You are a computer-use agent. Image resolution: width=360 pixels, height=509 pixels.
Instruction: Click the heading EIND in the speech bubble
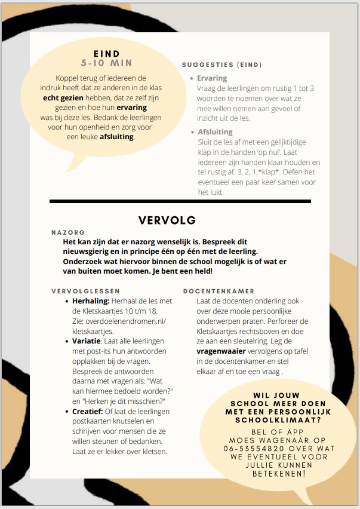pos(107,53)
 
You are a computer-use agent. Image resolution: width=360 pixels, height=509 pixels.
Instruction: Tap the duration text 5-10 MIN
pos(107,62)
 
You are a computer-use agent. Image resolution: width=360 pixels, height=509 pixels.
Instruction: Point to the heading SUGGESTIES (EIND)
pos(222,65)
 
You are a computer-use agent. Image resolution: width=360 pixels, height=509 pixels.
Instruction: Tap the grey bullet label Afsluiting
pos(215,131)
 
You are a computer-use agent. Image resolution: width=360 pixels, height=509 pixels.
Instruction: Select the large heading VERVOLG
pos(167,220)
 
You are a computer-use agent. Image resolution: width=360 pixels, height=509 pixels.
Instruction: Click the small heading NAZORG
pos(69,232)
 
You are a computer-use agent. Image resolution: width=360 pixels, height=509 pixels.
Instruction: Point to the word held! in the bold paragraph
pos(199,271)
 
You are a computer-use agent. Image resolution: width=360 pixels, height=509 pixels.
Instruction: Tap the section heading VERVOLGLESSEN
pos(85,292)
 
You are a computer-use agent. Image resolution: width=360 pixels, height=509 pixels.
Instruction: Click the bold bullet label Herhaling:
pos(91,302)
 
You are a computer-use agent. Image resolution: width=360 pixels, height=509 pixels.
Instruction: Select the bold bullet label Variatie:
pos(89,341)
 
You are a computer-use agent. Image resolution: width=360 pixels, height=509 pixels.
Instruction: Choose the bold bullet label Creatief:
pos(88,412)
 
